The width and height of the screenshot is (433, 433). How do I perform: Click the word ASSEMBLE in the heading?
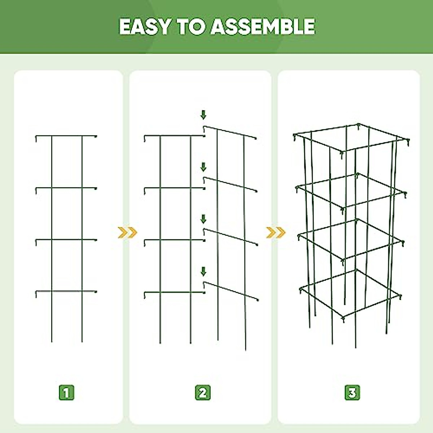pos(263,26)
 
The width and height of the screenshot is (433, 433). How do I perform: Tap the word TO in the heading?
pos(190,26)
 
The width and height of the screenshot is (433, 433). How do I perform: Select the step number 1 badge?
pos(66,392)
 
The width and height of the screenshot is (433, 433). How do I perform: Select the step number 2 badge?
pos(203,392)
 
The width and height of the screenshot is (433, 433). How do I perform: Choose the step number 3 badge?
pos(352,392)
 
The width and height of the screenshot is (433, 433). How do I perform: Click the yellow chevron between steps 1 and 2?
pos(127,233)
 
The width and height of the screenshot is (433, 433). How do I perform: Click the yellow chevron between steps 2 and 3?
pos(276,233)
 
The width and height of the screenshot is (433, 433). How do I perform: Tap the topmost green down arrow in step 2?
pos(204,115)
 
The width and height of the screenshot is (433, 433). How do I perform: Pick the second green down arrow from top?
pos(204,167)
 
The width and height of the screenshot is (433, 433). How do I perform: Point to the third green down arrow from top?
pos(204,219)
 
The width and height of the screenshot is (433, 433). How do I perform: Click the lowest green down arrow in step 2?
pos(204,271)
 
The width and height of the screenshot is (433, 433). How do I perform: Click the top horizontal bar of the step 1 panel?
pos(67,136)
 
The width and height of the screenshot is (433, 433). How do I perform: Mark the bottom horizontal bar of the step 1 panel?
pos(67,291)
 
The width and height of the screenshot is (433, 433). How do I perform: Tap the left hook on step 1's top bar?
pos(36,138)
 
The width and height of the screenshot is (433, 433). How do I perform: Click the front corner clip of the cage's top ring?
pos(342,154)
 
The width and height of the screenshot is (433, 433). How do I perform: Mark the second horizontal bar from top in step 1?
pos(67,188)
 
